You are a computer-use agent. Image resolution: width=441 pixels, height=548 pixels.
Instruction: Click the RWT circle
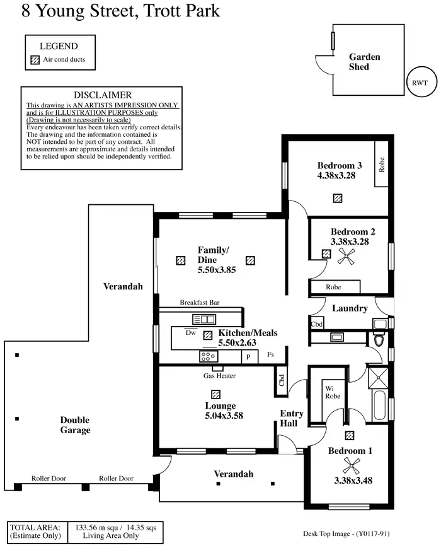[419, 83]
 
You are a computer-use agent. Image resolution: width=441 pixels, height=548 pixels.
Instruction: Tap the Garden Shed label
[365, 62]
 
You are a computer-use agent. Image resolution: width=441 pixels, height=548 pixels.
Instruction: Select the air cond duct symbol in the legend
[35, 61]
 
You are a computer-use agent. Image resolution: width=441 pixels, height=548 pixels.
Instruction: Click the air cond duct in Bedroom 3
[338, 198]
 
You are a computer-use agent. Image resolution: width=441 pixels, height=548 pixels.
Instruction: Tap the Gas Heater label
[219, 376]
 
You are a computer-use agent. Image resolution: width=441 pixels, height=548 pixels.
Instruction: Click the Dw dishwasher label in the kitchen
[190, 332]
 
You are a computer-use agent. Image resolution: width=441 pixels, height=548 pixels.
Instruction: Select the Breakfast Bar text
[199, 303]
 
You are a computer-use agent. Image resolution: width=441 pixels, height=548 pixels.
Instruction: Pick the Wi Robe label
[332, 392]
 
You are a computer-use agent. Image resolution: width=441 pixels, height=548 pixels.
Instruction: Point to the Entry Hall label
[292, 419]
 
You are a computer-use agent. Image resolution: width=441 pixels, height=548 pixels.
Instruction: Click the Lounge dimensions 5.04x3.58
[224, 416]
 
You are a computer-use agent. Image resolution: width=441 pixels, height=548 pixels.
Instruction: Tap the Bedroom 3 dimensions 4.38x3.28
[336, 176]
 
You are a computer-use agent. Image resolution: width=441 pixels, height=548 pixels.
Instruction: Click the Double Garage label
[75, 425]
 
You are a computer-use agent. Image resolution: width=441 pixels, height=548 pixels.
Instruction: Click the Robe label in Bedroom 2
[333, 287]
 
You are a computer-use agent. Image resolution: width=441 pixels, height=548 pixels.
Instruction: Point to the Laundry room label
[350, 308]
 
